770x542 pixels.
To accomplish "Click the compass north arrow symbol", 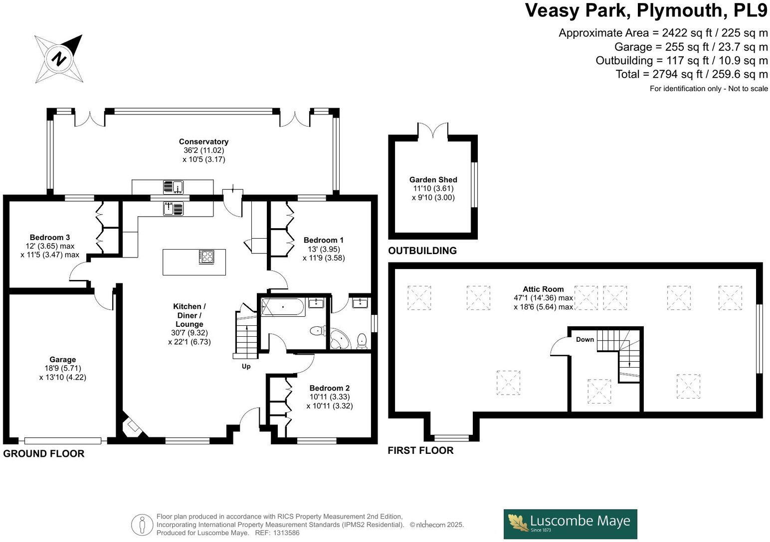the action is click(x=59, y=58).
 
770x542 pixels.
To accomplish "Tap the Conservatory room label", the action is click(x=203, y=142).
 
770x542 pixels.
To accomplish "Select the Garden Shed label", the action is click(x=433, y=180).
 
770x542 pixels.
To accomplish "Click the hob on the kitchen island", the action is click(x=206, y=257).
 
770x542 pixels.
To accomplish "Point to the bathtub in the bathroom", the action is click(x=282, y=307).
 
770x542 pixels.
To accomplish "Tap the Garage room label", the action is click(x=63, y=360).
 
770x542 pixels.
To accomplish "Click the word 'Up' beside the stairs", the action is click(x=246, y=367).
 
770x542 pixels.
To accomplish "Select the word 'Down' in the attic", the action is click(x=585, y=340).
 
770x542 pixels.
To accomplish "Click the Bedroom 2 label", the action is click(x=329, y=388).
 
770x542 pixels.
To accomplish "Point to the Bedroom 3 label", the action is click(x=49, y=237).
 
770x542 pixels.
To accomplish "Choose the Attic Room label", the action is click(x=543, y=289).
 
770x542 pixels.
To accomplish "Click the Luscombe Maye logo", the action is click(x=570, y=524).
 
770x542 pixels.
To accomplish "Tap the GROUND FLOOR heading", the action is click(x=44, y=454).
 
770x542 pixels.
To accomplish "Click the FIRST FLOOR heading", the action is click(x=421, y=451).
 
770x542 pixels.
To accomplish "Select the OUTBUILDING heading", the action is click(x=422, y=251).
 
